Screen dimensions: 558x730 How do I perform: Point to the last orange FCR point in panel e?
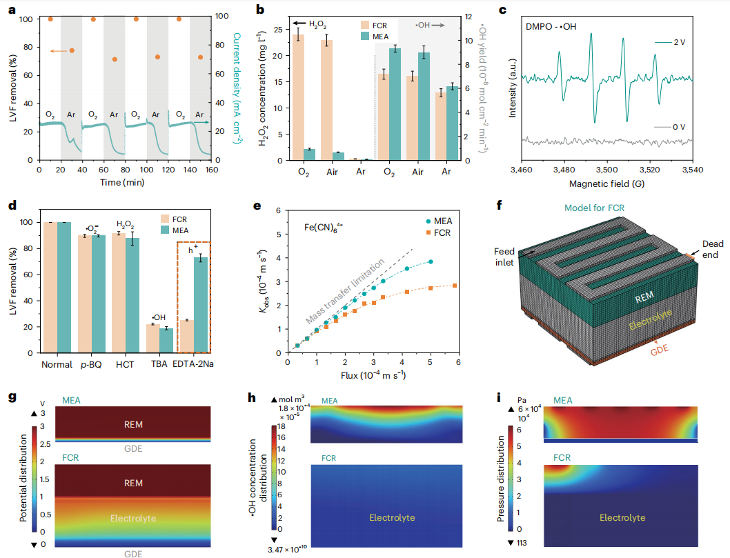[455, 286]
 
